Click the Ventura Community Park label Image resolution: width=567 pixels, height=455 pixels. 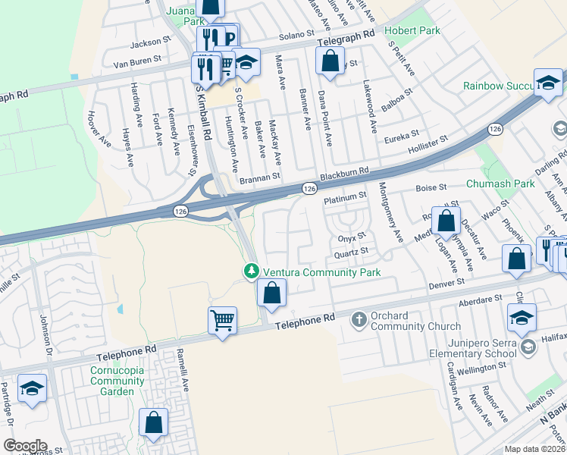[321, 272]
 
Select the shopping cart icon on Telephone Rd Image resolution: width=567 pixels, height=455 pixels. [222, 322]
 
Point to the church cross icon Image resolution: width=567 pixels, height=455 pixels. [360, 321]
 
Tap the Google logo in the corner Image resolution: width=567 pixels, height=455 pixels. [26, 446]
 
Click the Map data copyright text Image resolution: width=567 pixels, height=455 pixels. [534, 449]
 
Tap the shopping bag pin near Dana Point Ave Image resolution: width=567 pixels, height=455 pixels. [330, 63]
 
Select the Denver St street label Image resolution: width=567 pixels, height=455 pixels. [446, 282]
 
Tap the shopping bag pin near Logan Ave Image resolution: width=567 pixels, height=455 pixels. [446, 221]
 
